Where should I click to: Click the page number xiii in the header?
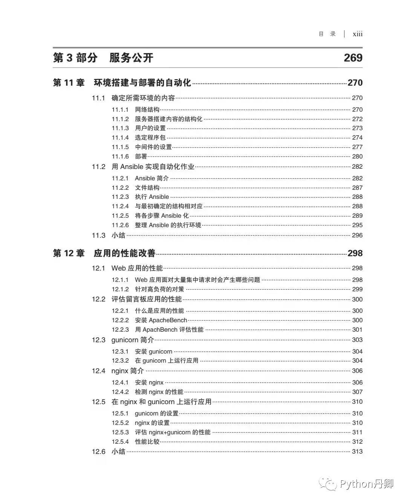pyautogui.click(x=357, y=34)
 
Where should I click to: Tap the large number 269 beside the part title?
pyautogui.click(x=353, y=58)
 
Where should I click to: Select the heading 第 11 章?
pyautogui.click(x=69, y=83)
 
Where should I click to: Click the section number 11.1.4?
pyautogui.click(x=120, y=138)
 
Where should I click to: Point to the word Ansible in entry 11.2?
pyautogui.click(x=132, y=167)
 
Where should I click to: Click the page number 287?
pyautogui.click(x=357, y=188)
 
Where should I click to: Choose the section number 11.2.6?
pyautogui.click(x=120, y=225)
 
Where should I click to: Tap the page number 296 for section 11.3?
pyautogui.click(x=357, y=235)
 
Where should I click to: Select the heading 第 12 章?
pyautogui.click(x=69, y=253)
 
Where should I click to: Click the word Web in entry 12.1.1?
pyautogui.click(x=141, y=280)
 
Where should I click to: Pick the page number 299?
pyautogui.click(x=357, y=289)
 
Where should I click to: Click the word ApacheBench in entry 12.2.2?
pyautogui.click(x=168, y=320)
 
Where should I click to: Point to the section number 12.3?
pyautogui.click(x=99, y=340)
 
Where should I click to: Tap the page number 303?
pyautogui.click(x=357, y=340)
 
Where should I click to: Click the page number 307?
pyautogui.click(x=357, y=392)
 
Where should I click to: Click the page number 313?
pyautogui.click(x=357, y=452)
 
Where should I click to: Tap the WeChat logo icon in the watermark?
pyautogui.click(x=328, y=484)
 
